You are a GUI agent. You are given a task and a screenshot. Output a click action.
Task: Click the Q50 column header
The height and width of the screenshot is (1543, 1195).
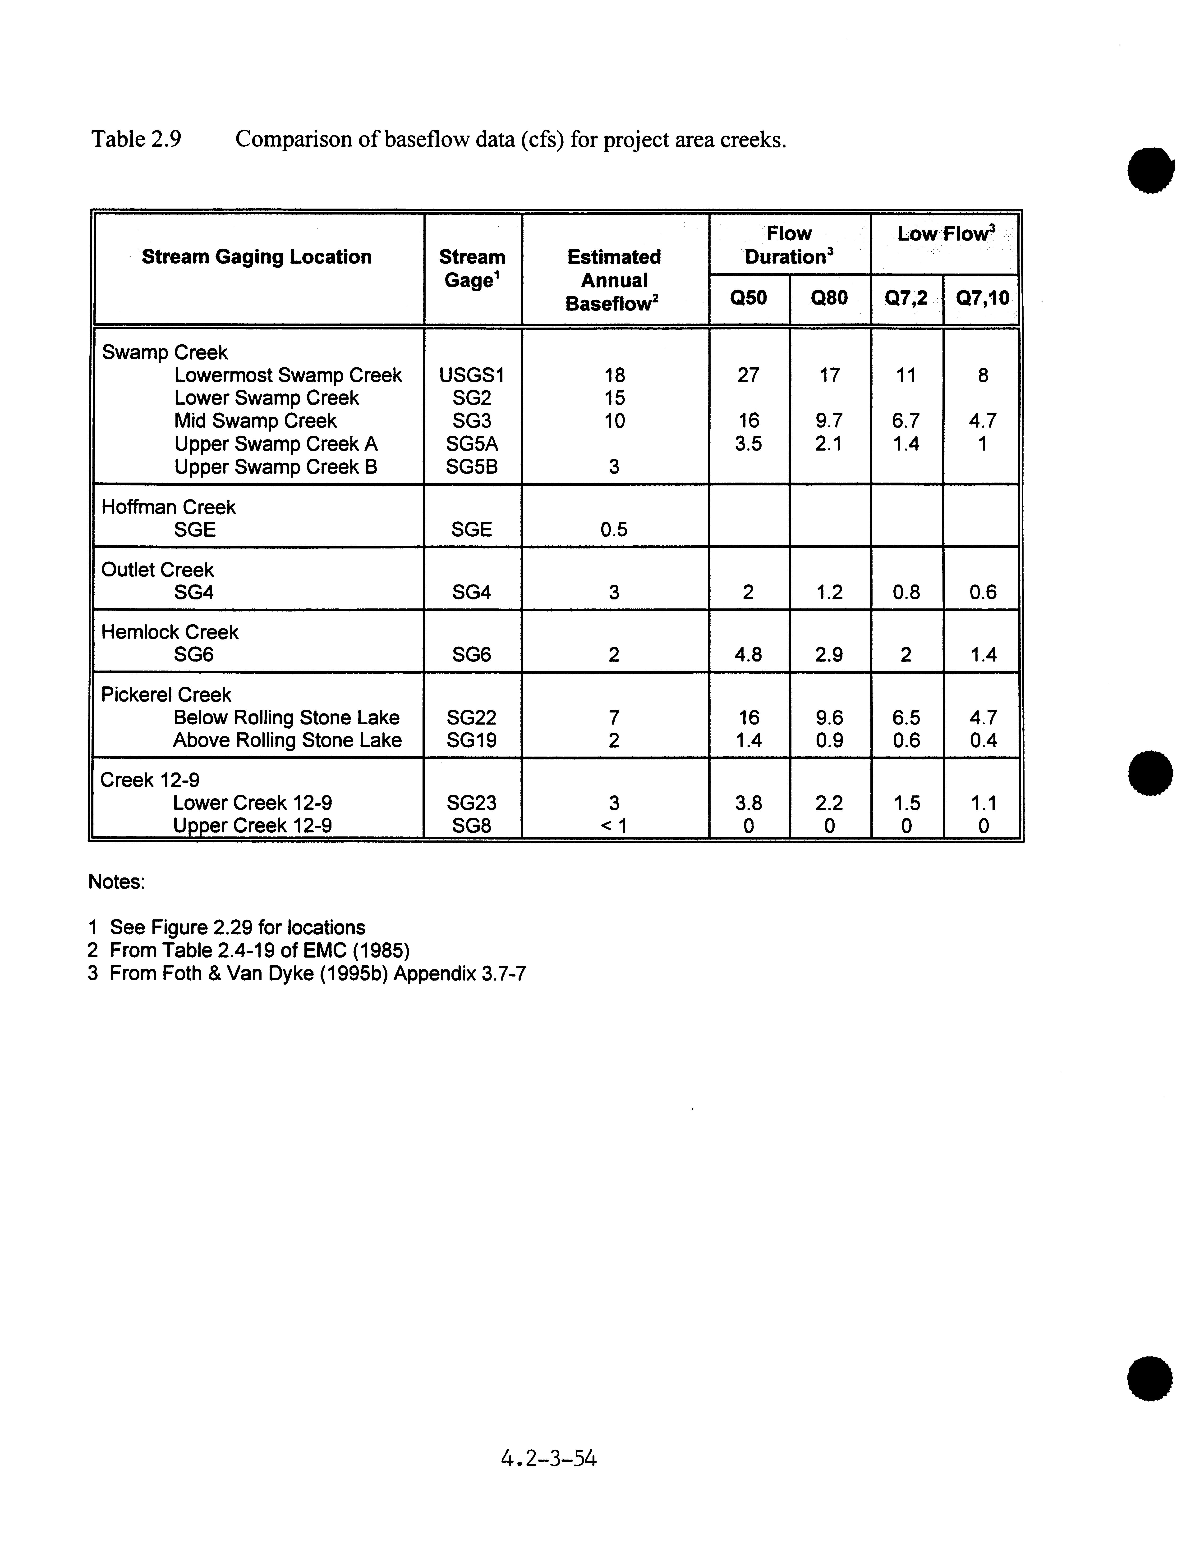click(x=748, y=298)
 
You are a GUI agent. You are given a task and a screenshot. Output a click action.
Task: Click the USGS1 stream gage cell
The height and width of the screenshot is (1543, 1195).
click(x=471, y=375)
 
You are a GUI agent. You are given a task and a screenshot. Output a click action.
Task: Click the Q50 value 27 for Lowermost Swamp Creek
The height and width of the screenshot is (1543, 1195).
click(x=748, y=375)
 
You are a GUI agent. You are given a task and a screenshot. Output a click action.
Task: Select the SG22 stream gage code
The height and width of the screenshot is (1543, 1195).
click(x=471, y=718)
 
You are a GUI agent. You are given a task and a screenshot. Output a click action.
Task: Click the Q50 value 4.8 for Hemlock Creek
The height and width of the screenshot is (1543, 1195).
click(x=748, y=655)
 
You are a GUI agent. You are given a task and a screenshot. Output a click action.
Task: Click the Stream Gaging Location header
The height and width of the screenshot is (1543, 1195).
click(x=257, y=257)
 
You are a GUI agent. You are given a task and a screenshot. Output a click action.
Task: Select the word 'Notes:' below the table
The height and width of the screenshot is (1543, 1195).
click(x=117, y=882)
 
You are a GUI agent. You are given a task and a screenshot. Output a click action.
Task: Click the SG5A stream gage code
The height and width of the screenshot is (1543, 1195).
click(x=471, y=444)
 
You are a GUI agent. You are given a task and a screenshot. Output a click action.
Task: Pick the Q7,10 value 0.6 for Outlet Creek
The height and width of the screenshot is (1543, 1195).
click(x=982, y=592)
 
